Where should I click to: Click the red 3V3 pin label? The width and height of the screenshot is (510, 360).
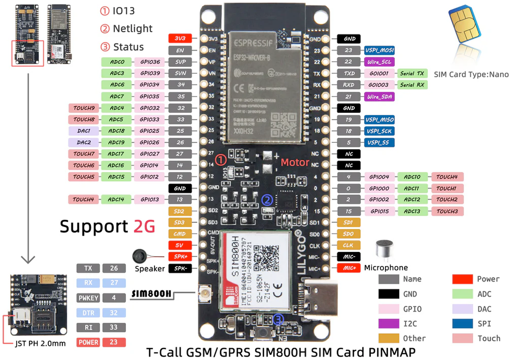180,39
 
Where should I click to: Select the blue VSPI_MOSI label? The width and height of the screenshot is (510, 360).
379,50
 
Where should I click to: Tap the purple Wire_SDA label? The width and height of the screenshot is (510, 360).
379,96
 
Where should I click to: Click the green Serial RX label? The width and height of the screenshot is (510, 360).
412,85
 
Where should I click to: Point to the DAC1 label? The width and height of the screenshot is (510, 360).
83,131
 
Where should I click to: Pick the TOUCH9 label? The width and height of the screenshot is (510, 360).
83,108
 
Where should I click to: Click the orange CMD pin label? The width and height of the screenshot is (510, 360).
180,234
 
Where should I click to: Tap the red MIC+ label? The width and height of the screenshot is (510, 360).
349,268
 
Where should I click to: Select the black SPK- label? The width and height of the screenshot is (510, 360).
180,268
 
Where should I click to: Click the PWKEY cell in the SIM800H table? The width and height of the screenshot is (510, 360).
87,297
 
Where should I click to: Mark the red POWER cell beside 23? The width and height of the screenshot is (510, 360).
87,342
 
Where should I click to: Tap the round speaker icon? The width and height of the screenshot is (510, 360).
140,256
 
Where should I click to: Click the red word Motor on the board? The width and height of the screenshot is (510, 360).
295,162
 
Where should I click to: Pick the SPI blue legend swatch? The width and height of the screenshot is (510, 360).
463,323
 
